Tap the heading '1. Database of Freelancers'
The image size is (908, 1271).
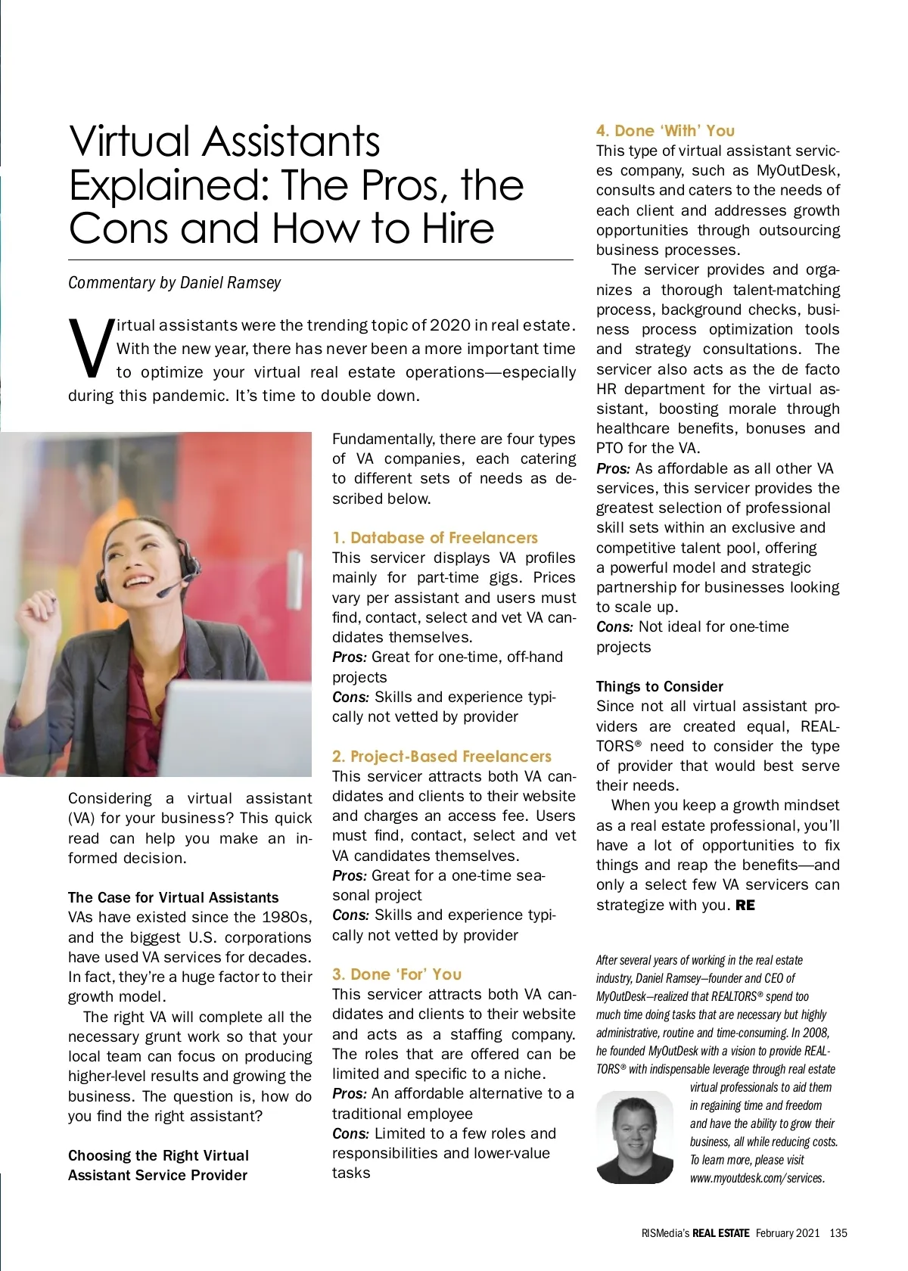[x=434, y=538]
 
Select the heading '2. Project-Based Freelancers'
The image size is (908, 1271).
[x=441, y=757]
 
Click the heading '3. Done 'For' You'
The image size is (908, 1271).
[x=396, y=974]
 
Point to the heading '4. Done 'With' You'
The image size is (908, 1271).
[x=665, y=131]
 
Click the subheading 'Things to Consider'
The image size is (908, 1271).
[x=659, y=687]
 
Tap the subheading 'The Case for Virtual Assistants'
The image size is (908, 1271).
[x=173, y=898]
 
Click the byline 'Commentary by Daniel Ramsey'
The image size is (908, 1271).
[x=174, y=283]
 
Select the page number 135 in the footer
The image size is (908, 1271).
[x=838, y=1233]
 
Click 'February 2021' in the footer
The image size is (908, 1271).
[x=787, y=1233]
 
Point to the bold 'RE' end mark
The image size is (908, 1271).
[x=745, y=906]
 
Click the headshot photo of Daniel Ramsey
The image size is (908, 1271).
[x=634, y=1138]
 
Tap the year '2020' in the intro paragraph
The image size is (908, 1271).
[x=450, y=326]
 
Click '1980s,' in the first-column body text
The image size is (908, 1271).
[x=285, y=918]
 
